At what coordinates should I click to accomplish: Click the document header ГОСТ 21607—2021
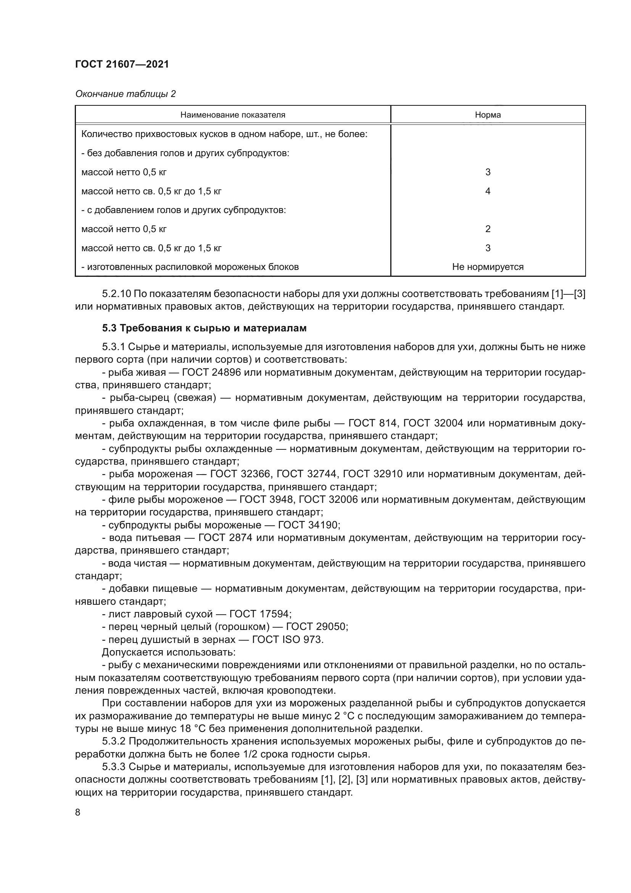(x=122, y=64)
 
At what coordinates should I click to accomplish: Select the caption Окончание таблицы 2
(x=125, y=94)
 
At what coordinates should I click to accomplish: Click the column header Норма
(x=488, y=115)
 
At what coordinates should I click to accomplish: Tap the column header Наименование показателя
(x=233, y=115)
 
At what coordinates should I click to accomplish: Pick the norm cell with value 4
(x=488, y=191)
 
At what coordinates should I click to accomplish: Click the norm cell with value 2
(x=488, y=229)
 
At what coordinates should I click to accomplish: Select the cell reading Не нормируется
(x=488, y=267)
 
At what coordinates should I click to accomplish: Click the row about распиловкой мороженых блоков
(x=190, y=267)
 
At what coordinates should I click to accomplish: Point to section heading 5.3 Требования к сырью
(x=204, y=328)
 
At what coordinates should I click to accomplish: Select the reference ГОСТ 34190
(x=309, y=525)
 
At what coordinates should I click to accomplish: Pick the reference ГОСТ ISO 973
(x=287, y=639)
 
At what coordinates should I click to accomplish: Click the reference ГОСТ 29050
(x=316, y=627)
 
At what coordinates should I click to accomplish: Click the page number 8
(x=78, y=812)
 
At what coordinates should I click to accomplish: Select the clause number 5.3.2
(x=113, y=741)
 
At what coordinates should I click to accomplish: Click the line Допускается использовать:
(x=168, y=652)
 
